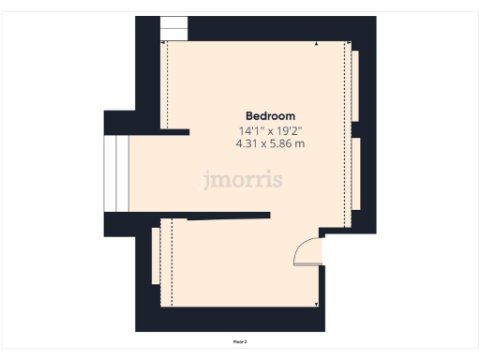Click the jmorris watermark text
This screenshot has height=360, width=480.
242,180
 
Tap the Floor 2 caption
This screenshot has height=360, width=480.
240,342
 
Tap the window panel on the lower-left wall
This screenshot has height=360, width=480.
155,256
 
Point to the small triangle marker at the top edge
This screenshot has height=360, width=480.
317,44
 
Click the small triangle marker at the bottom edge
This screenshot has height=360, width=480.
317,304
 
